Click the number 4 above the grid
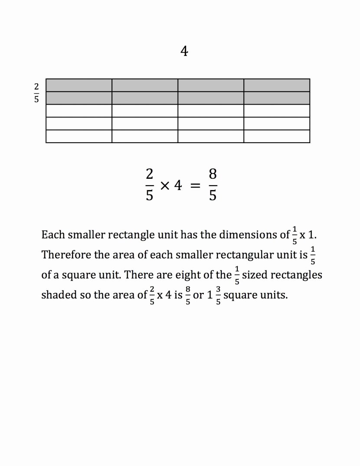pyautogui.click(x=184, y=52)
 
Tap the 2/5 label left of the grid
pyautogui.click(x=36, y=92)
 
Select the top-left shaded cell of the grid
pyautogui.click(x=79, y=85)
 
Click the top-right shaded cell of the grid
pyautogui.click(x=277, y=85)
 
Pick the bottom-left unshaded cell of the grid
pyautogui.click(x=79, y=136)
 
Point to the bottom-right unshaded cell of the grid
pyautogui.click(x=277, y=136)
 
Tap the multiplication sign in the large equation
pyautogui.click(x=164, y=186)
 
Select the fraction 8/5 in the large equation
pyautogui.click(x=213, y=185)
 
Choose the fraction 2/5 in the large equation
pyautogui.click(x=149, y=185)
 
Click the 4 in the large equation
pyautogui.click(x=177, y=186)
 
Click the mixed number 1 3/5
pyautogui.click(x=214, y=295)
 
